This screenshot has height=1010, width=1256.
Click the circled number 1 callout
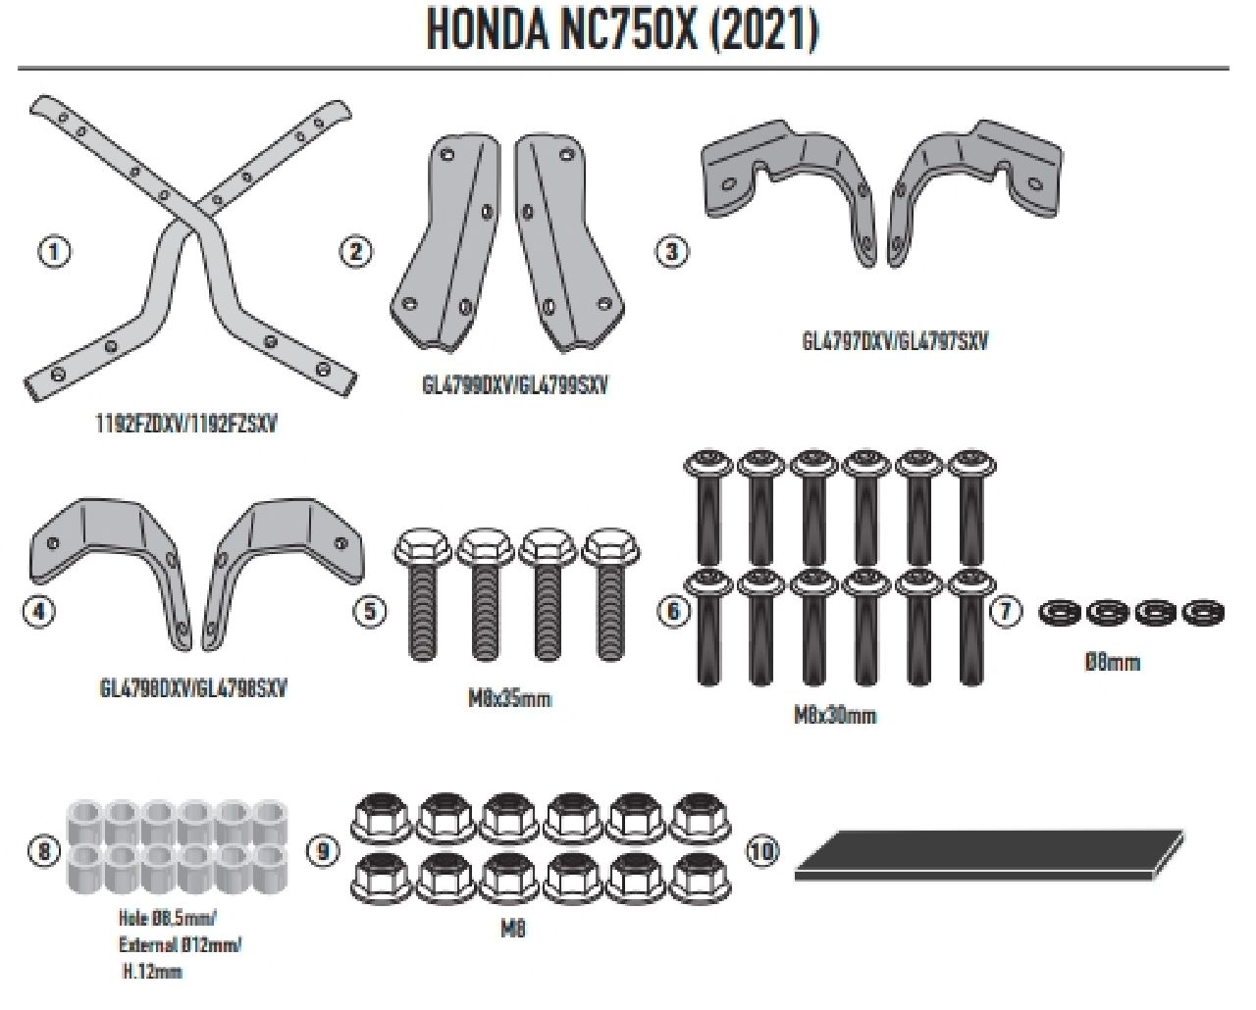coord(55,252)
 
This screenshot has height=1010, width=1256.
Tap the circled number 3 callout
coord(671,251)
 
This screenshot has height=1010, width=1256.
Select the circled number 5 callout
coord(369,612)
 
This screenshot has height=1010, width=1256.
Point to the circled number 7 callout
coord(1006,612)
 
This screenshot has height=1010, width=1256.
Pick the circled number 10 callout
coord(762,850)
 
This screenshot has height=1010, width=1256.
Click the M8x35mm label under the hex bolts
coord(509,699)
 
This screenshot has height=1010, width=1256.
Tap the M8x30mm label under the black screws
coord(834,716)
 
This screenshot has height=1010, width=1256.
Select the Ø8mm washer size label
coord(1112,662)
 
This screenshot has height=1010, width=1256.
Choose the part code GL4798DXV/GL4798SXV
coord(193,688)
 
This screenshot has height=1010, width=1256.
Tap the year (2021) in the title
coord(762,30)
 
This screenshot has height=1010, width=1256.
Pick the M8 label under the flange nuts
coord(512,928)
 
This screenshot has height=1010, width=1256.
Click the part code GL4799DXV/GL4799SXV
coord(515,385)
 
